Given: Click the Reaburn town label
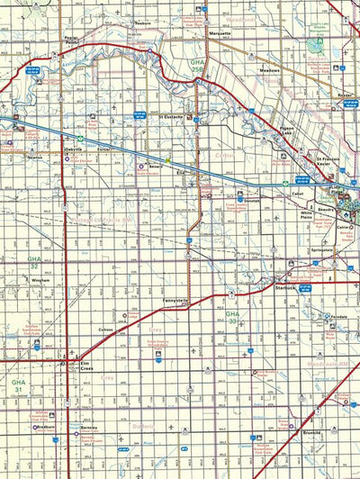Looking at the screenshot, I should pyautogui.click(x=142, y=23).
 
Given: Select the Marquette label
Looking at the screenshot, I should pyautogui.click(x=220, y=33).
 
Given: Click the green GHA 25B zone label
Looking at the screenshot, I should pyautogui.click(x=198, y=64).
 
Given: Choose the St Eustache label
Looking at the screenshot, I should pyautogui.click(x=172, y=116).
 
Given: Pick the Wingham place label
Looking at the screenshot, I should pyautogui.click(x=41, y=280).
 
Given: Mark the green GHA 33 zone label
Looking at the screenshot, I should pyautogui.click(x=232, y=318).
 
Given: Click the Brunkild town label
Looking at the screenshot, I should pyautogui.click(x=312, y=432).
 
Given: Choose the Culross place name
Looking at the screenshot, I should pyautogui.click(x=106, y=330).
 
